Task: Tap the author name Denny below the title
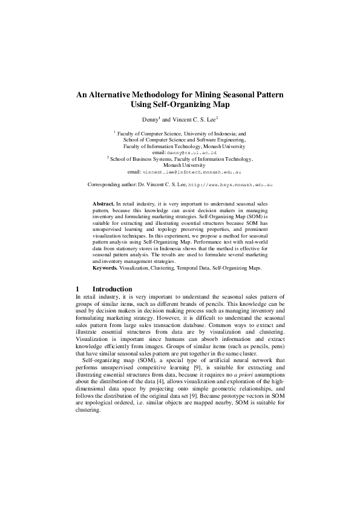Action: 149,120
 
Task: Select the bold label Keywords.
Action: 105,267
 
